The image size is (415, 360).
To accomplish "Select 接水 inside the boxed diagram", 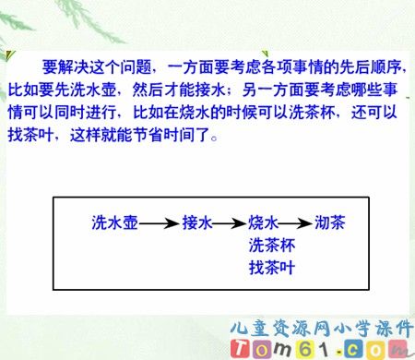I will point(197,222).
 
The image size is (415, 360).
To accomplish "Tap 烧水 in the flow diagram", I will point(263,222).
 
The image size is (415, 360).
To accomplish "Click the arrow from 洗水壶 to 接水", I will point(160,223).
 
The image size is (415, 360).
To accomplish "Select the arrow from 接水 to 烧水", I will point(231,223).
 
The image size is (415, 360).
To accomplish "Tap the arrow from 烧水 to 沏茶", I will point(296,223).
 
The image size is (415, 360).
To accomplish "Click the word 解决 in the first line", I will point(78,70).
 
